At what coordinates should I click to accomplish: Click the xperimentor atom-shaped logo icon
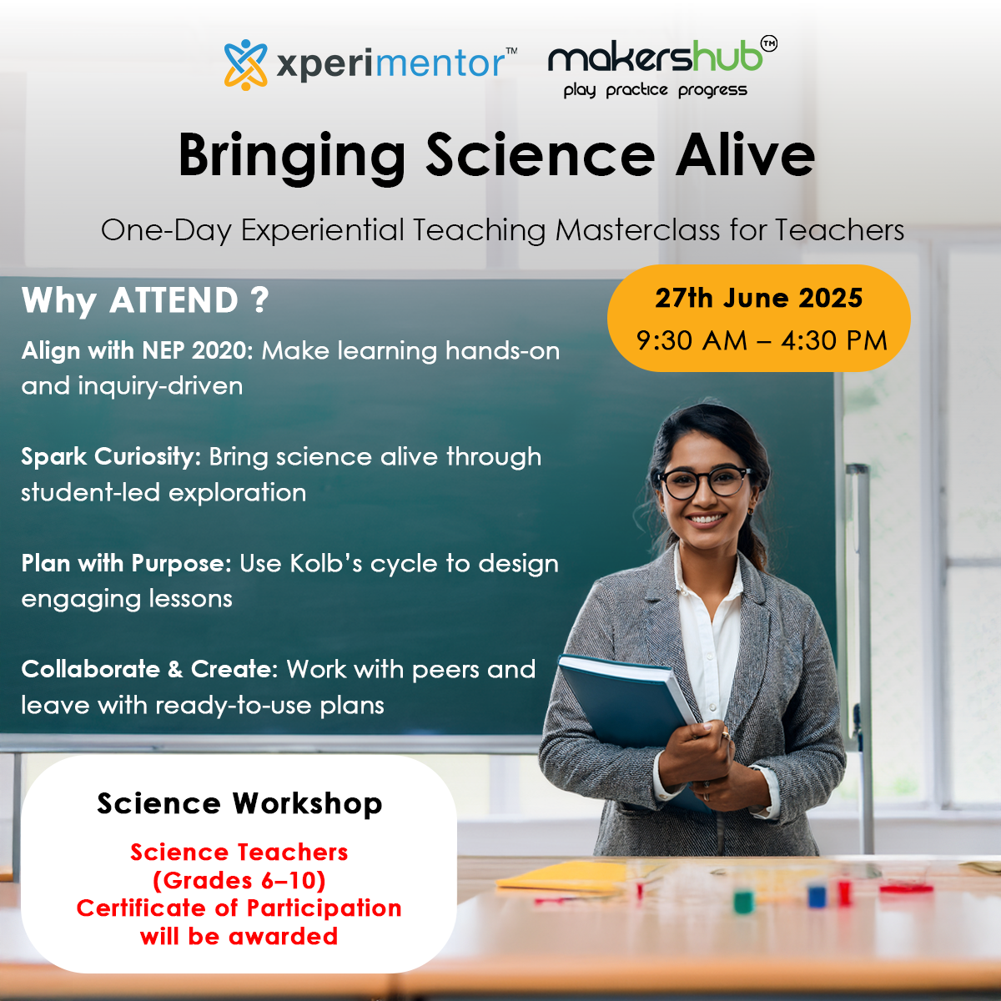pos(246,64)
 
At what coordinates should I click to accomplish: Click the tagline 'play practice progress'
pos(655,90)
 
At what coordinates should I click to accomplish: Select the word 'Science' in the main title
pos(541,155)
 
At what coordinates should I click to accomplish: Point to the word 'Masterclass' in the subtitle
pos(637,229)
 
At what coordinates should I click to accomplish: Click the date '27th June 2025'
pos(758,298)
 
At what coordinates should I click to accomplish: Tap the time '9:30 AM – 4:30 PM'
pos(762,341)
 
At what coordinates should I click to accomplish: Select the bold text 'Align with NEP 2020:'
pos(137,350)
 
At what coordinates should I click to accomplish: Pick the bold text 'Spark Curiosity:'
pos(111,457)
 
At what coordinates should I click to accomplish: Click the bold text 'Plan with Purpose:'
pos(126,563)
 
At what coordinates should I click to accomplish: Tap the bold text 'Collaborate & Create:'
pos(150,669)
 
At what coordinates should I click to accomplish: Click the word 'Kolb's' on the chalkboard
pos(325,563)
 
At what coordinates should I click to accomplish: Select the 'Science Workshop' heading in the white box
pos(239,803)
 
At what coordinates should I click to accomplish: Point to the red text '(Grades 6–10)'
pos(239,880)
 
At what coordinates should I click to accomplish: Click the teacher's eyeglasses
pos(705,483)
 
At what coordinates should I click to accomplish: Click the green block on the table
pos(743,902)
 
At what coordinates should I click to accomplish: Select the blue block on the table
pos(817,897)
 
